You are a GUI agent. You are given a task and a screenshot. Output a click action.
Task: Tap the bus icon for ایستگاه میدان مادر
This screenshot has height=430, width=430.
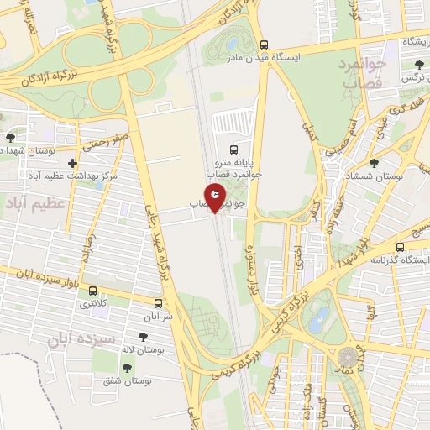pos(264,45)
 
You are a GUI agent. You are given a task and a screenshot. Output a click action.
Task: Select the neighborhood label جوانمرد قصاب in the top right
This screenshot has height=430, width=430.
pos(364,72)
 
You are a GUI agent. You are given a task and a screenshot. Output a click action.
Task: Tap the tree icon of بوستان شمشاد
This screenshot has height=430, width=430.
pos(373,163)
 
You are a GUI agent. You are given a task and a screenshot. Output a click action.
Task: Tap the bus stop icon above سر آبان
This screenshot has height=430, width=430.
pos(159,303)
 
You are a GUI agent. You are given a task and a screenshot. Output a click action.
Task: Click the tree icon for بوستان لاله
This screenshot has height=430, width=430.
pos(143,337)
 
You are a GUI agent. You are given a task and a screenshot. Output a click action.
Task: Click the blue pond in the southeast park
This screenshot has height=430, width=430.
pos(318,320)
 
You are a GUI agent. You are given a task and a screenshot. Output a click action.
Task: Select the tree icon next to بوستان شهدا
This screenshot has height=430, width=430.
pos(10,137)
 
